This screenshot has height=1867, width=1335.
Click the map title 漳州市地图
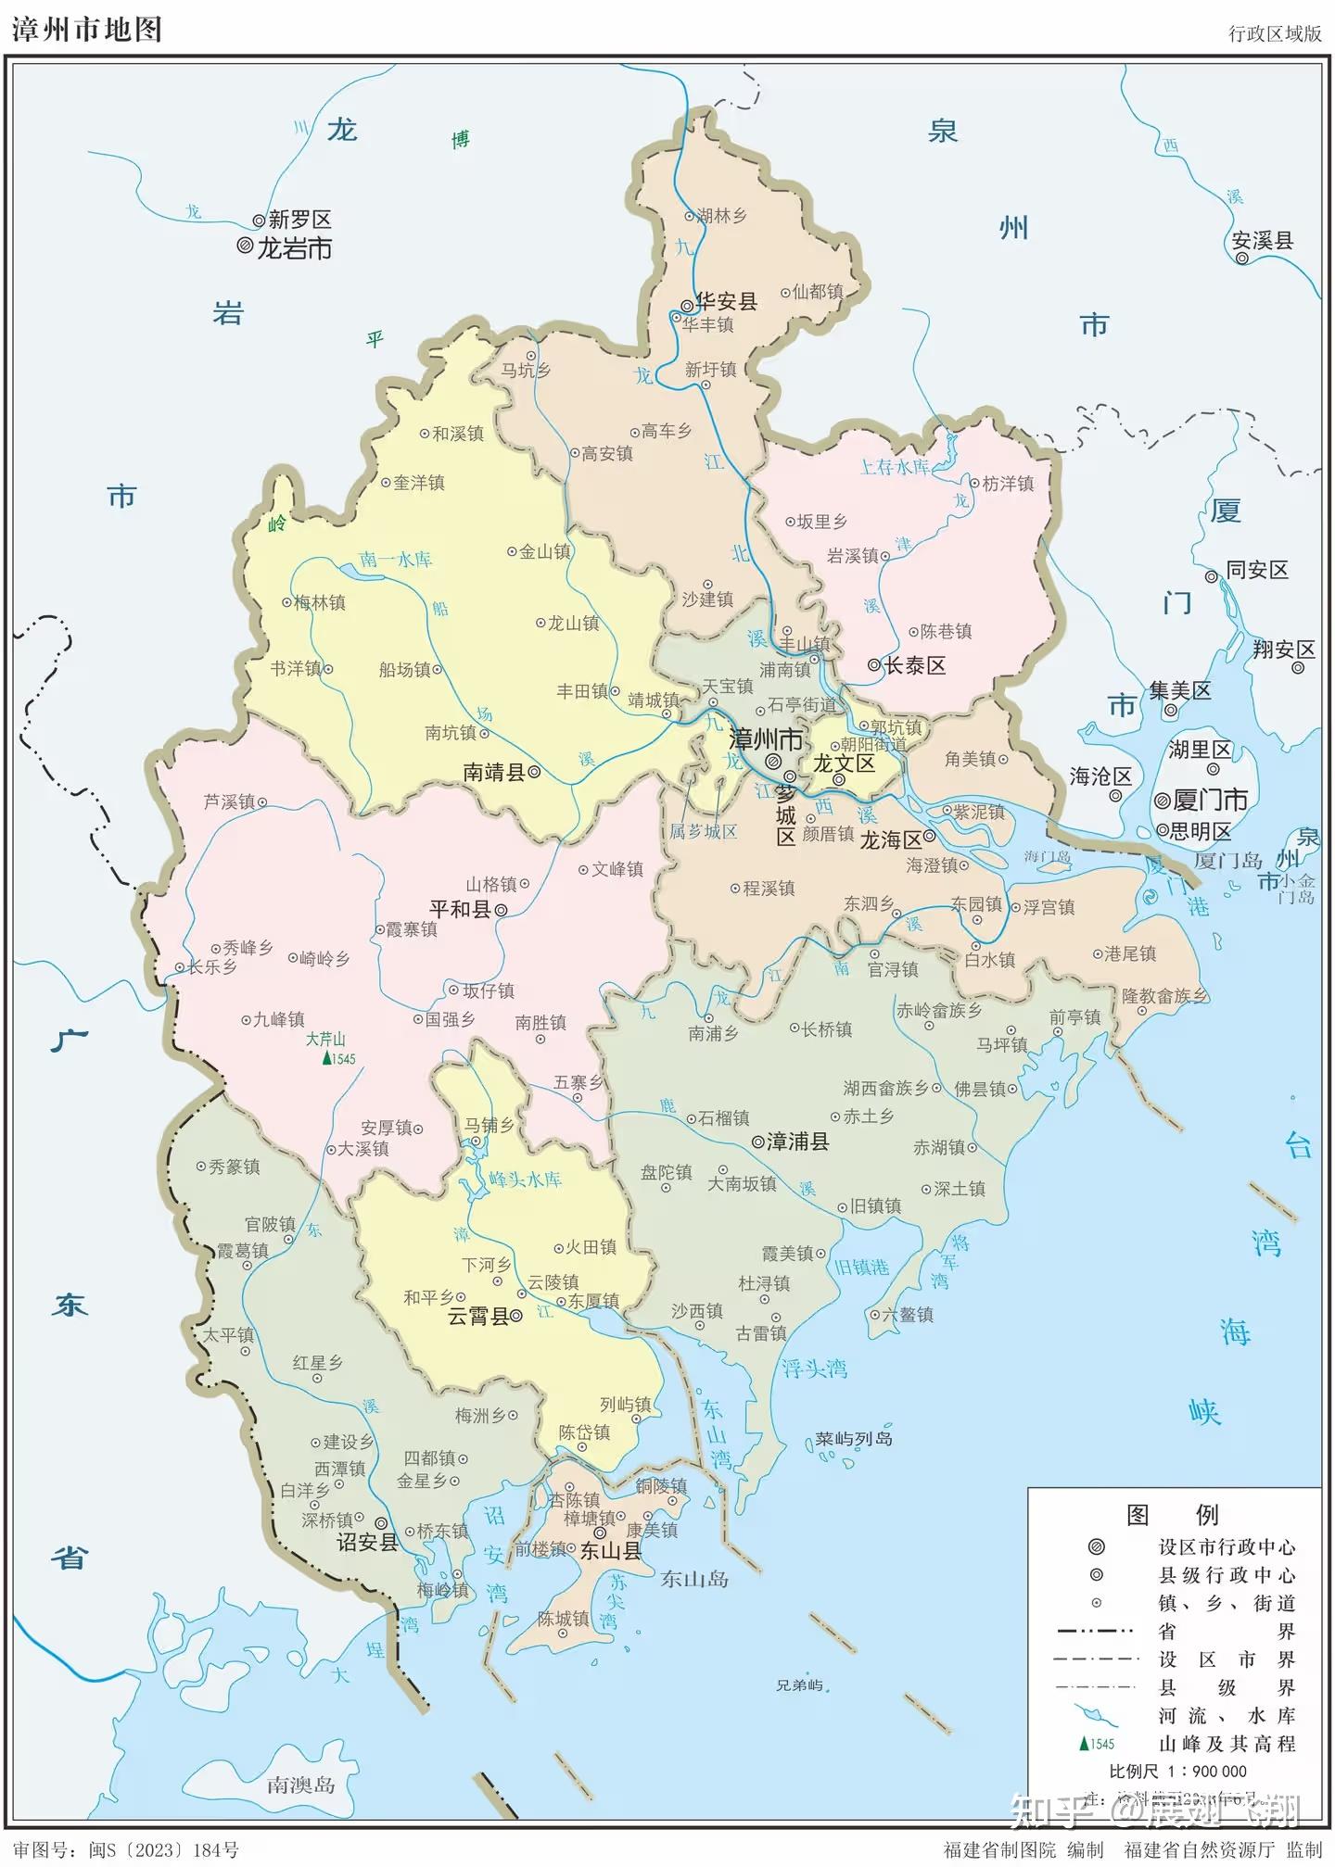87,29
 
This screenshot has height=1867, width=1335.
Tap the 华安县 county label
727,301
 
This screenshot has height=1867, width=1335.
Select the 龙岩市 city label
294,248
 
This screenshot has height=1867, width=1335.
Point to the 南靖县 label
494,772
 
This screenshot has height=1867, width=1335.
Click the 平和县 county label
460,909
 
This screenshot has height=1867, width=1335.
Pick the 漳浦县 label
798,1142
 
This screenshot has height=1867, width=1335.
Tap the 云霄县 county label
478,1317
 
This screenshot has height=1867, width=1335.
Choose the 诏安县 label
367,1542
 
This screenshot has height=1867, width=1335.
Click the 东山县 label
610,1551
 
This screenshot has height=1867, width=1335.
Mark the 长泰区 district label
915,665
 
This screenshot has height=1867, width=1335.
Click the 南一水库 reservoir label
396,559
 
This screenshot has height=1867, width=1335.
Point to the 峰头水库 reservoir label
525,1179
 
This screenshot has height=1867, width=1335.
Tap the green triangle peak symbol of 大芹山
325,1059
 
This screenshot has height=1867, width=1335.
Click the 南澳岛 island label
300,1785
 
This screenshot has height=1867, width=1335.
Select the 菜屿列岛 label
854,1438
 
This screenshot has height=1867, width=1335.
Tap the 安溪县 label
1262,241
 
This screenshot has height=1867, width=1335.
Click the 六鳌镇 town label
908,1314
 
